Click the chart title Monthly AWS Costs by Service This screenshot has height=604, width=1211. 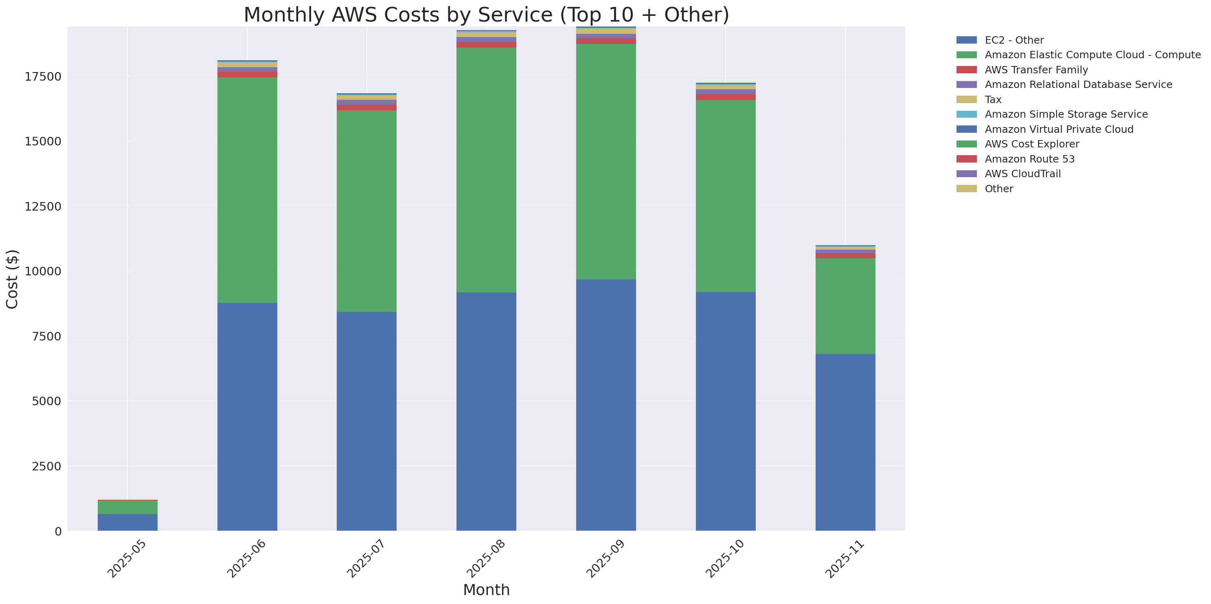pos(486,15)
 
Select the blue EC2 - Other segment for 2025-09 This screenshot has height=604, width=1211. pos(606,405)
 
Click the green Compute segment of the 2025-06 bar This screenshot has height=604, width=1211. pos(247,190)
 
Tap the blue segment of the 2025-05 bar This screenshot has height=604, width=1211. pos(127,522)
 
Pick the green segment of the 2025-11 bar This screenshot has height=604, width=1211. pos(845,306)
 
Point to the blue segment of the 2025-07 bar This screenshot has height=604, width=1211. pos(367,421)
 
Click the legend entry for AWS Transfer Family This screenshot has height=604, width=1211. pos(1036,70)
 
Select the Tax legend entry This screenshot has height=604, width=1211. pos(993,100)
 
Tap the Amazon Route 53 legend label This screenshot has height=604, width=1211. pos(1029,159)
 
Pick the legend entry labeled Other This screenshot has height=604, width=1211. pos(998,189)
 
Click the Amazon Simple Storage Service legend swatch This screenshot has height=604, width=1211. pos(967,114)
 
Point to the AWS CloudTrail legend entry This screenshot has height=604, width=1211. pos(1022,174)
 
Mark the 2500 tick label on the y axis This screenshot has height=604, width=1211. pos(46,466)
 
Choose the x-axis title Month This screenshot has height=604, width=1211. pos(486,589)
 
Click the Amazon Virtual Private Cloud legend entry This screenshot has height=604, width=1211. pos(1059,129)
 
